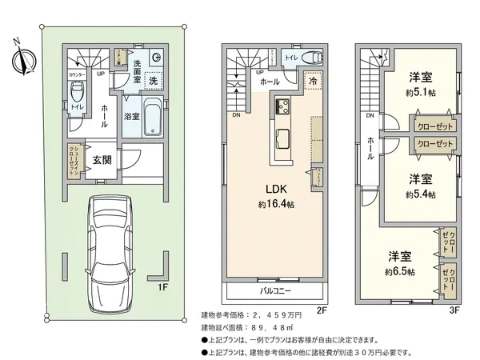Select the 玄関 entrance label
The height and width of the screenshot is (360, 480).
(102, 159)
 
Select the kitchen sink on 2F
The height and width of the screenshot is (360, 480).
(284, 134)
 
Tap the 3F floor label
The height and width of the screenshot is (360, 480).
(455, 310)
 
